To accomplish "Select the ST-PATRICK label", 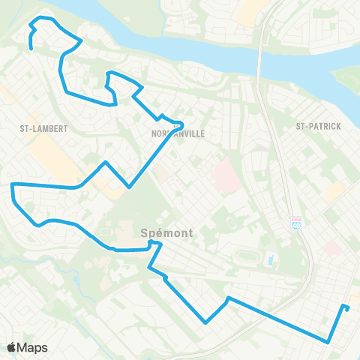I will [x=318, y=126].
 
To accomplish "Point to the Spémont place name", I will [x=166, y=232].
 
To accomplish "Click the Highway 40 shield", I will [x=296, y=223].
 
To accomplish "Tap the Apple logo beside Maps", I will [x=12, y=347].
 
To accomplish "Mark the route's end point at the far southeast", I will [x=345, y=306].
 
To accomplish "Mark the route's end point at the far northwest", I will [x=31, y=49].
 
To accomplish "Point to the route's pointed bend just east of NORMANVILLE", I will [x=181, y=124].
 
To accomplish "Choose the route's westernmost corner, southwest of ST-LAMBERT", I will [x=12, y=184].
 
